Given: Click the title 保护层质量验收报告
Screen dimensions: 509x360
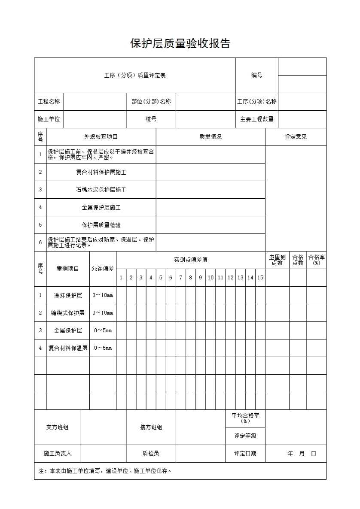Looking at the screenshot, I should pos(180,44).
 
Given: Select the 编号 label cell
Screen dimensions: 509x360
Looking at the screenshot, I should pos(256,76).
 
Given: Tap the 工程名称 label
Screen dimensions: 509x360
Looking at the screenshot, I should pos(49,102).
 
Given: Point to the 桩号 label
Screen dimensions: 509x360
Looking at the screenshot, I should pos(151,119).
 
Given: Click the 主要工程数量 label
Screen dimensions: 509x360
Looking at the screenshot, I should pos(256,119).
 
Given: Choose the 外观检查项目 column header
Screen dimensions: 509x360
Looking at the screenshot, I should pos(101,137).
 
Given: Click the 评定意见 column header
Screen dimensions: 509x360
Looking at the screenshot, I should pos(296,137).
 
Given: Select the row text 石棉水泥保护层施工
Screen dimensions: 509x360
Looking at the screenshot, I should pos(101,190).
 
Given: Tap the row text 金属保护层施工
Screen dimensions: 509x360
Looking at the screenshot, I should pos(101,207).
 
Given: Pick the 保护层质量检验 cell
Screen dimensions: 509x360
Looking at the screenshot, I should pos(101,225).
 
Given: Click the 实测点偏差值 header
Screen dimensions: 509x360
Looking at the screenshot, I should pos(190,260).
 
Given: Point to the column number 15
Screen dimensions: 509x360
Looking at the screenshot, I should pos(260,278).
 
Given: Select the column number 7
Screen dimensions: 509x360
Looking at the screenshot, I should pos(180,278).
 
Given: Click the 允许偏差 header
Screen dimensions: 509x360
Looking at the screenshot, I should pos(103,269).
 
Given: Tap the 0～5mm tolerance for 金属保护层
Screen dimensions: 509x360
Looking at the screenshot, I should pos(103,330).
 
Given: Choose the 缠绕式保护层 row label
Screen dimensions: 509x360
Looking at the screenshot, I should pos(68,313).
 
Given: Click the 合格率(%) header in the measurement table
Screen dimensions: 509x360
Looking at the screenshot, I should pos(316,260).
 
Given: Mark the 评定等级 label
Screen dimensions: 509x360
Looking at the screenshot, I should pos(245,436).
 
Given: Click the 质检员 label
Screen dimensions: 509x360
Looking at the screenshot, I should pos(151,453).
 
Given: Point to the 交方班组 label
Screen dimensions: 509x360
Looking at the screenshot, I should pos(57,427).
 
